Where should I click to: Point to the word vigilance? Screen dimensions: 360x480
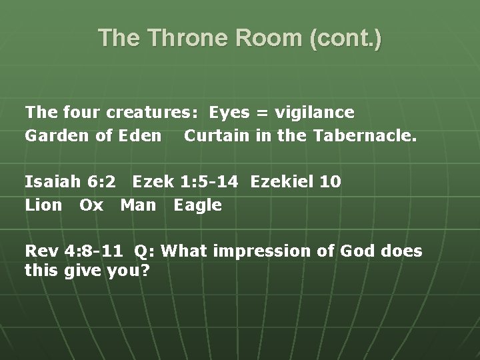(x=314, y=112)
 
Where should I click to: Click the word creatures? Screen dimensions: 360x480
(x=157, y=112)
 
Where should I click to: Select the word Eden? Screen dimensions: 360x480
(x=141, y=136)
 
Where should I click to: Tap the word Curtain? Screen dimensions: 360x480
(x=213, y=136)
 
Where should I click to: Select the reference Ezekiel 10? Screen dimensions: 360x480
(x=296, y=181)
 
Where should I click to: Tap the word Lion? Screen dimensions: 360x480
(x=44, y=205)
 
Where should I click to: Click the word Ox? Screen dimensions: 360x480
(x=91, y=205)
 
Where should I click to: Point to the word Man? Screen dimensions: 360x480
(x=138, y=205)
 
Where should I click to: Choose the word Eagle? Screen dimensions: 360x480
(x=197, y=205)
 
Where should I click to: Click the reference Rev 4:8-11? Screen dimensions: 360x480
(x=74, y=251)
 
